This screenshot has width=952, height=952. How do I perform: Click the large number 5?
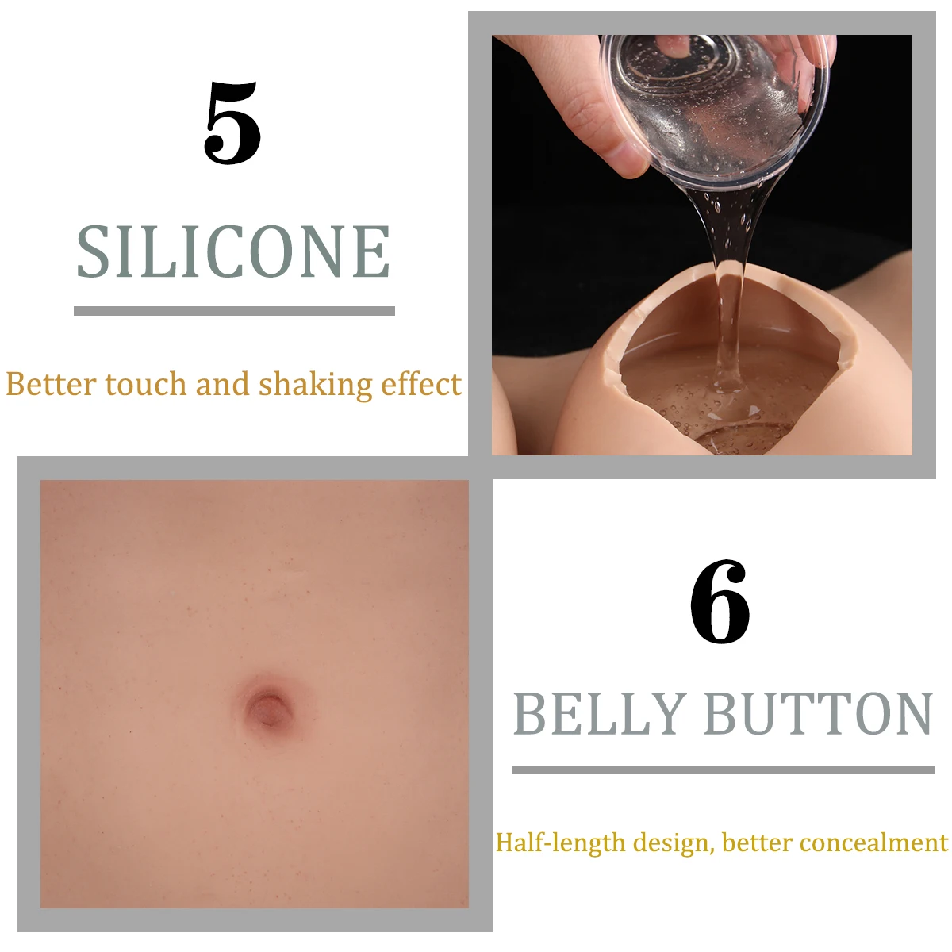tap(232, 122)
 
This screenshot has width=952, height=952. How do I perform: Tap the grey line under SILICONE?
tap(234, 311)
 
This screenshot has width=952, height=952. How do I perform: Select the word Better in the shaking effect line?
tap(51, 384)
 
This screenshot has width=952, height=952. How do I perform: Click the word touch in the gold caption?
tap(146, 384)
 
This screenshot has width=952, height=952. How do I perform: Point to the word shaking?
tap(315, 386)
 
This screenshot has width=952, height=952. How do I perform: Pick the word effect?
tap(421, 384)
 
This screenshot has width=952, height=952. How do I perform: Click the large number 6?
tap(720, 601)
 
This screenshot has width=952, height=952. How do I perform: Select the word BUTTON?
tap(819, 713)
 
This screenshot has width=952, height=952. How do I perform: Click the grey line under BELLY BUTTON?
tap(724, 770)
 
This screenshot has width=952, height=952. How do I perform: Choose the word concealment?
tap(874, 843)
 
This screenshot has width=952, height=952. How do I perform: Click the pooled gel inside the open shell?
tap(721, 400)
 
